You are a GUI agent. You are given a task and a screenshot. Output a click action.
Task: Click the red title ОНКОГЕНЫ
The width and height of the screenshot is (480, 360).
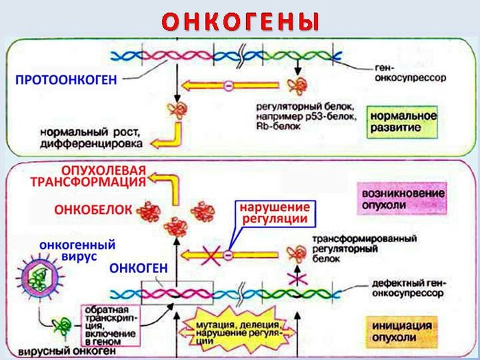pos(241,21)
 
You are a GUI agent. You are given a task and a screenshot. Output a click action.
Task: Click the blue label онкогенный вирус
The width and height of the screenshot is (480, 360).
pos(77,250)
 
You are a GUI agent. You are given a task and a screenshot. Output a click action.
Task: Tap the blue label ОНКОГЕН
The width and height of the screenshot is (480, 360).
pos(137,269)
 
